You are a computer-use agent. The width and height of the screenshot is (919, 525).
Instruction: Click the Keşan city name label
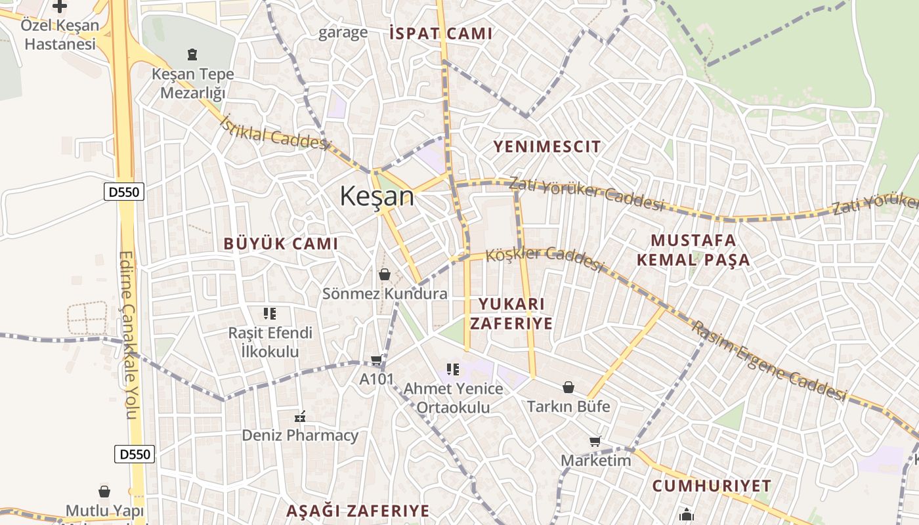(377, 196)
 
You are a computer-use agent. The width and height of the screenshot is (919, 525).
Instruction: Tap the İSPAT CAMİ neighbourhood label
(440, 33)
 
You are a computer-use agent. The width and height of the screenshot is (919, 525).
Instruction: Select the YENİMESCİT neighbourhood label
(547, 146)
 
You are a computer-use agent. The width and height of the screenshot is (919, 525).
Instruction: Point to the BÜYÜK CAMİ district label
(281, 243)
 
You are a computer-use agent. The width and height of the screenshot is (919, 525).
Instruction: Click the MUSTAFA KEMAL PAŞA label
(693, 249)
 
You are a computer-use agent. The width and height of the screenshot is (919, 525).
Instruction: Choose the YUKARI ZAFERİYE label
(515, 314)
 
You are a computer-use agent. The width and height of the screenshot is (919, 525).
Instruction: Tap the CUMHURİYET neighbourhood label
(712, 486)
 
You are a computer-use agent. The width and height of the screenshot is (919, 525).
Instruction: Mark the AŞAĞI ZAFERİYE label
(358, 511)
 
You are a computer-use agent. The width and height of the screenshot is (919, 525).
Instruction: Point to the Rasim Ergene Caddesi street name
(768, 361)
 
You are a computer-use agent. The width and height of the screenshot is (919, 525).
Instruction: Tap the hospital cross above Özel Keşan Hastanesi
(60, 7)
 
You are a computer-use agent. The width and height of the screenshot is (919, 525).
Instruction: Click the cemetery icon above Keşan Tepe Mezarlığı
(192, 54)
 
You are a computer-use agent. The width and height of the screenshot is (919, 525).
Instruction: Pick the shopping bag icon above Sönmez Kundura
(385, 274)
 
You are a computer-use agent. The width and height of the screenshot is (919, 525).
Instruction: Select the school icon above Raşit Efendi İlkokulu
(270, 314)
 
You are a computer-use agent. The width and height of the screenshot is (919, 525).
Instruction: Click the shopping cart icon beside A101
(376, 360)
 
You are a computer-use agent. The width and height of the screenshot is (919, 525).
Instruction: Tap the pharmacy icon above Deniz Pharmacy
(301, 416)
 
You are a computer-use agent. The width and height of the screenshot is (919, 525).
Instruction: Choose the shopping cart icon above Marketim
(595, 441)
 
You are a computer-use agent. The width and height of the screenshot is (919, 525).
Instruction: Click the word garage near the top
(343, 33)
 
